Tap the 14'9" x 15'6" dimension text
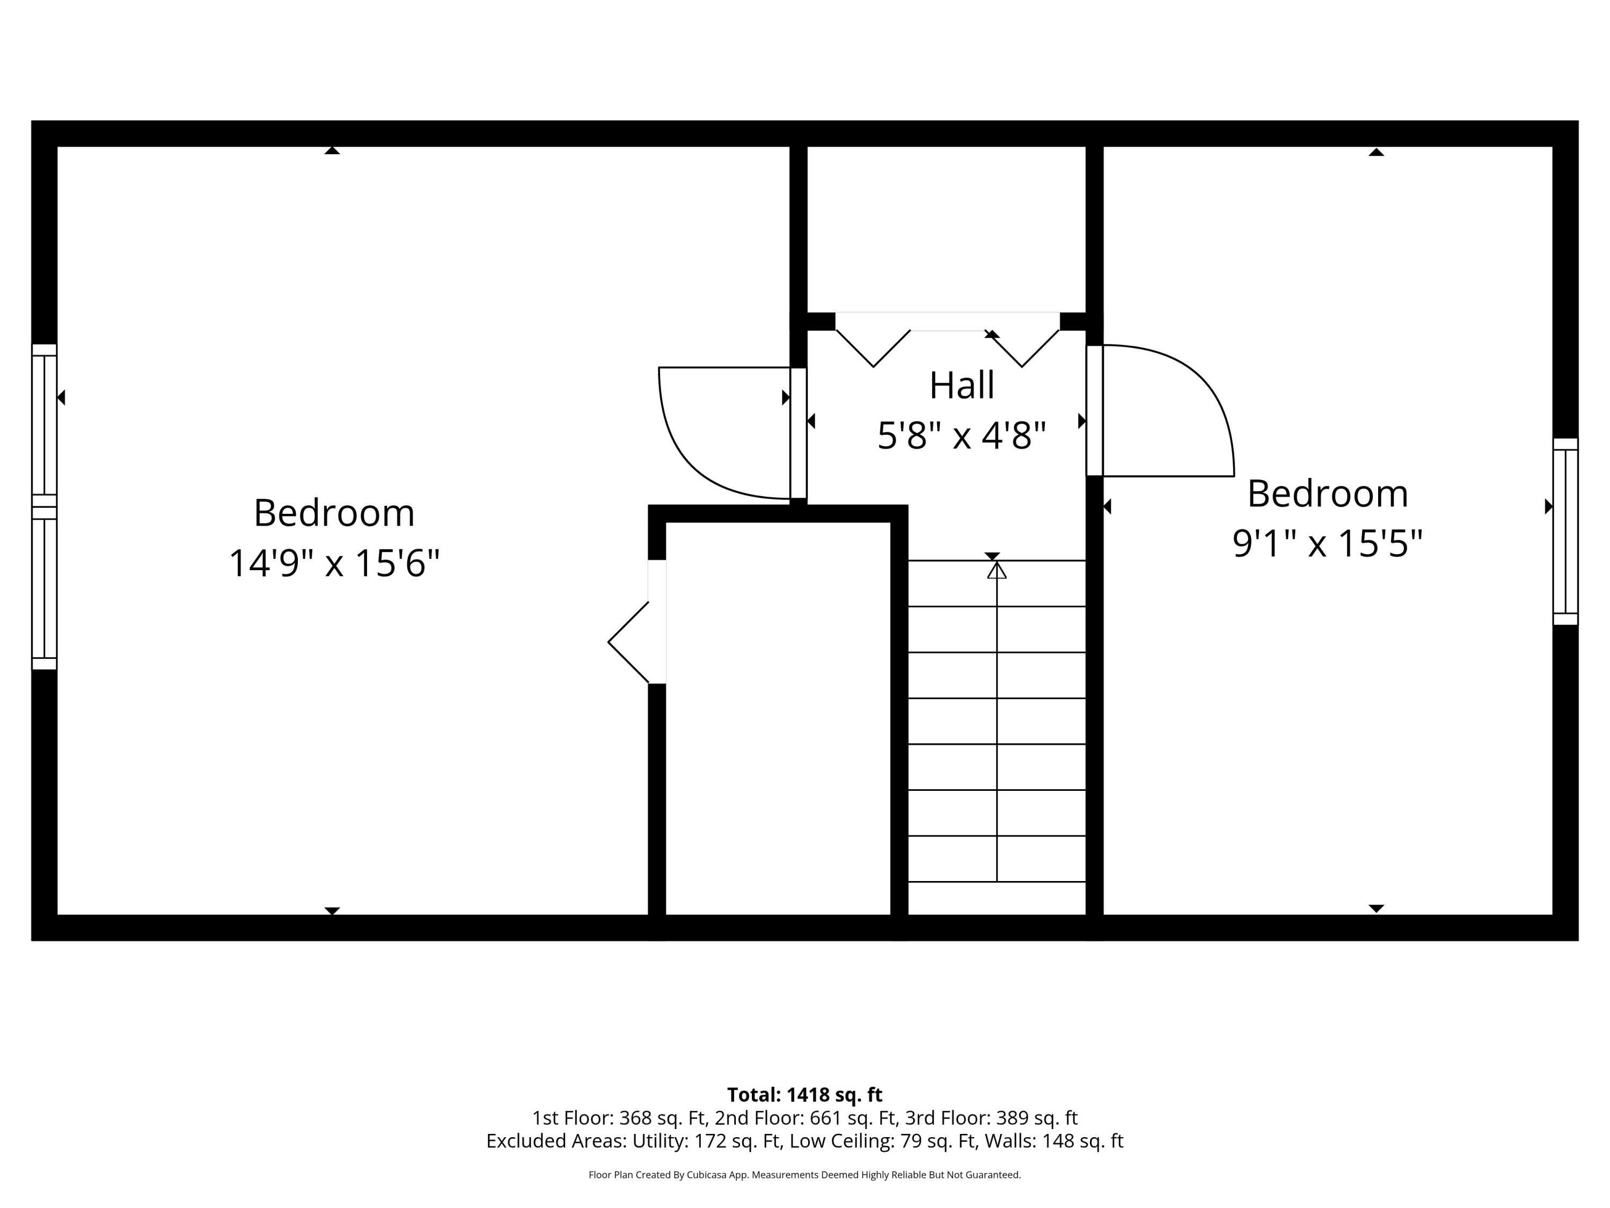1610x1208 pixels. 334,563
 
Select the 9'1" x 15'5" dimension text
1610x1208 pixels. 1327,543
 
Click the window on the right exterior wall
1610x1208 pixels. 1565,531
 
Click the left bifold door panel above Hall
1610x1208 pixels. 873,348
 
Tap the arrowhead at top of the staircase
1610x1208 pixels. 997,570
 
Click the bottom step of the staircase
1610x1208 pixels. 997,897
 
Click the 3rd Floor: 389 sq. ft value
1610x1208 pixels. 991,1118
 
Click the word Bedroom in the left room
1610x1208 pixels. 334,513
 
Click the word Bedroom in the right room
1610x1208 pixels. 1327,494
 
